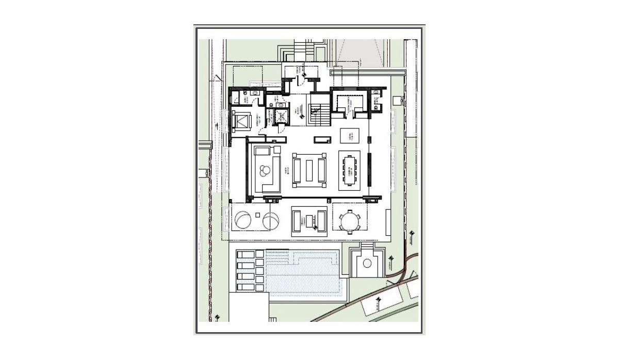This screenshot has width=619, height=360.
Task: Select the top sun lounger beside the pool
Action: coord(250,255)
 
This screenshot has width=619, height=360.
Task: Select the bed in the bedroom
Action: coord(241,121)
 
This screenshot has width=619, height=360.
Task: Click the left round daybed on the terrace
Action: coord(242,221)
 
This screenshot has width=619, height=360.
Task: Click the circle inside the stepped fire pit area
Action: coord(367,264)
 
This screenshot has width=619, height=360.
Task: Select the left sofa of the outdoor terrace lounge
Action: coord(297,222)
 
